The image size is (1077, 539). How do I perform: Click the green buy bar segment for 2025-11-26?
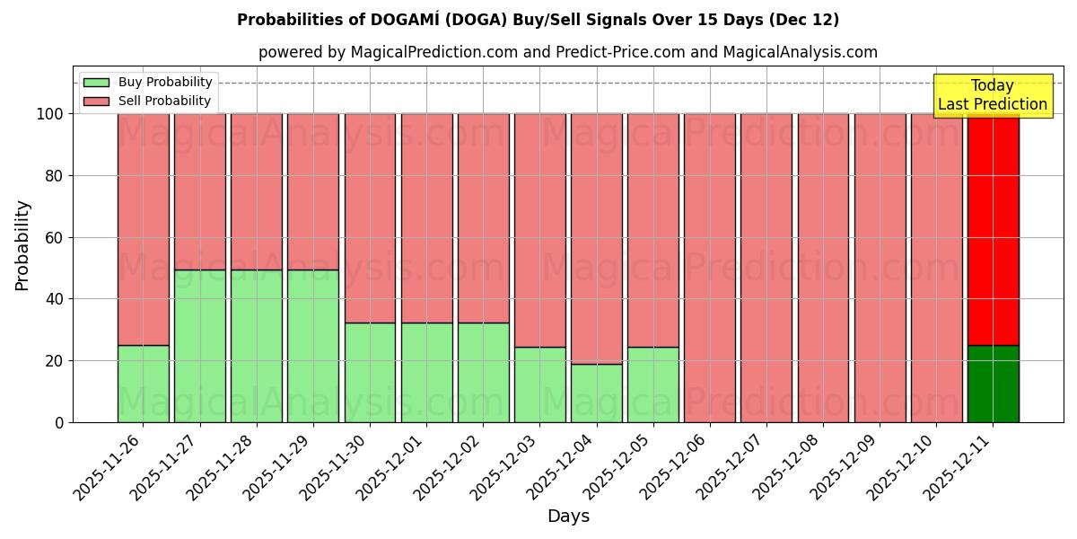pos(143,384)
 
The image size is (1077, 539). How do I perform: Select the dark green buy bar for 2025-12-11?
pos(993,384)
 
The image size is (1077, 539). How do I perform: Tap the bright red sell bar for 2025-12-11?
pos(993,229)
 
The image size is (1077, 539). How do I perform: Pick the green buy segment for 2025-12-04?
pos(596,393)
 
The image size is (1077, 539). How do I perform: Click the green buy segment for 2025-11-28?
pos(256,346)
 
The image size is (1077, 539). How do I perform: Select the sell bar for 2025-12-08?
pos(823,268)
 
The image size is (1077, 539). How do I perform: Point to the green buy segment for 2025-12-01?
pos(426,372)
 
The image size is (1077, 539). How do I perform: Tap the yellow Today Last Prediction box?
pos(993,95)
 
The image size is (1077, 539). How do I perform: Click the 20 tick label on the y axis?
pos(55,361)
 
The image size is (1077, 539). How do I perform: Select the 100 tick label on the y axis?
pos(50,114)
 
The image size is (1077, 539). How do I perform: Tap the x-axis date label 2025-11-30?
pos(335,469)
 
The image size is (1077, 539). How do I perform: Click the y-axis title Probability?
pos(22,245)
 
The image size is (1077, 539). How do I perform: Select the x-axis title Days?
pos(568,517)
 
